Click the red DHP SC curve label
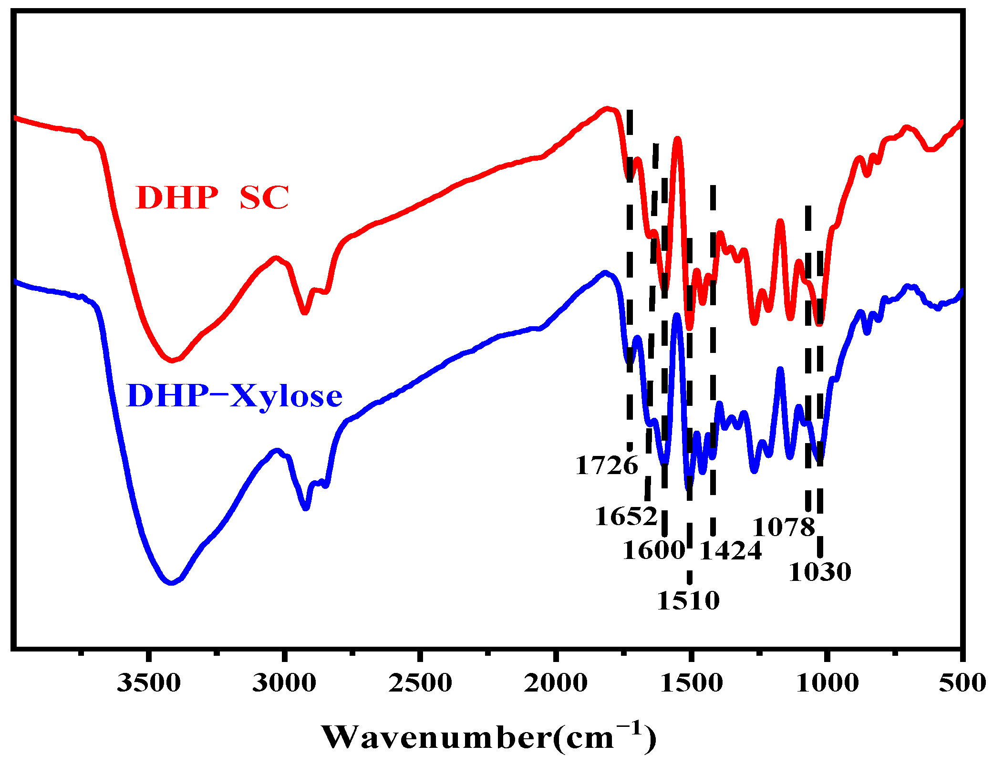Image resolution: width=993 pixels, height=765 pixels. click(212, 197)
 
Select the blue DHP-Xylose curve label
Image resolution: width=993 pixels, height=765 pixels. click(234, 395)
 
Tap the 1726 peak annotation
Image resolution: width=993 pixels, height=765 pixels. click(606, 465)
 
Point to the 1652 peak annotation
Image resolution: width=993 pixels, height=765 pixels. click(626, 516)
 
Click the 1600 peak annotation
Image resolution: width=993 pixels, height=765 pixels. click(654, 550)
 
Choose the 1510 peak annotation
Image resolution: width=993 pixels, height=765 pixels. click(688, 600)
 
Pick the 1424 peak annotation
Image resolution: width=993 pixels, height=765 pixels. click(730, 550)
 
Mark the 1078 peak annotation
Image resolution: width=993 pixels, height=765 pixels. click(784, 527)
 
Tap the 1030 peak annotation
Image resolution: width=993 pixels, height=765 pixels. click(819, 572)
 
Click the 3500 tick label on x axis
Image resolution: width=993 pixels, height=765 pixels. click(149, 682)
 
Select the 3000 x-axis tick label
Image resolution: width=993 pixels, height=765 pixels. click(284, 682)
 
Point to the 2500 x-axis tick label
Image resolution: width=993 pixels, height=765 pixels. click(420, 682)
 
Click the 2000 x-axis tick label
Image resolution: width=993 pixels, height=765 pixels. click(556, 682)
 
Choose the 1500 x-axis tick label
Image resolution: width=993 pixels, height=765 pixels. click(691, 682)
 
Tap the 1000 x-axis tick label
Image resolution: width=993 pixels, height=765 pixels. click(827, 682)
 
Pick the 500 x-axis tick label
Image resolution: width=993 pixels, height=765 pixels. click(962, 682)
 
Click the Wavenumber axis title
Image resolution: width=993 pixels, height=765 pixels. click(488, 737)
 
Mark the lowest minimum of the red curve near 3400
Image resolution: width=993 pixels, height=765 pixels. click(172, 361)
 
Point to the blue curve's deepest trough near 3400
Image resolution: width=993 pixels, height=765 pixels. click(171, 583)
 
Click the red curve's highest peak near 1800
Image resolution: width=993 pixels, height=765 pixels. click(607, 109)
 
